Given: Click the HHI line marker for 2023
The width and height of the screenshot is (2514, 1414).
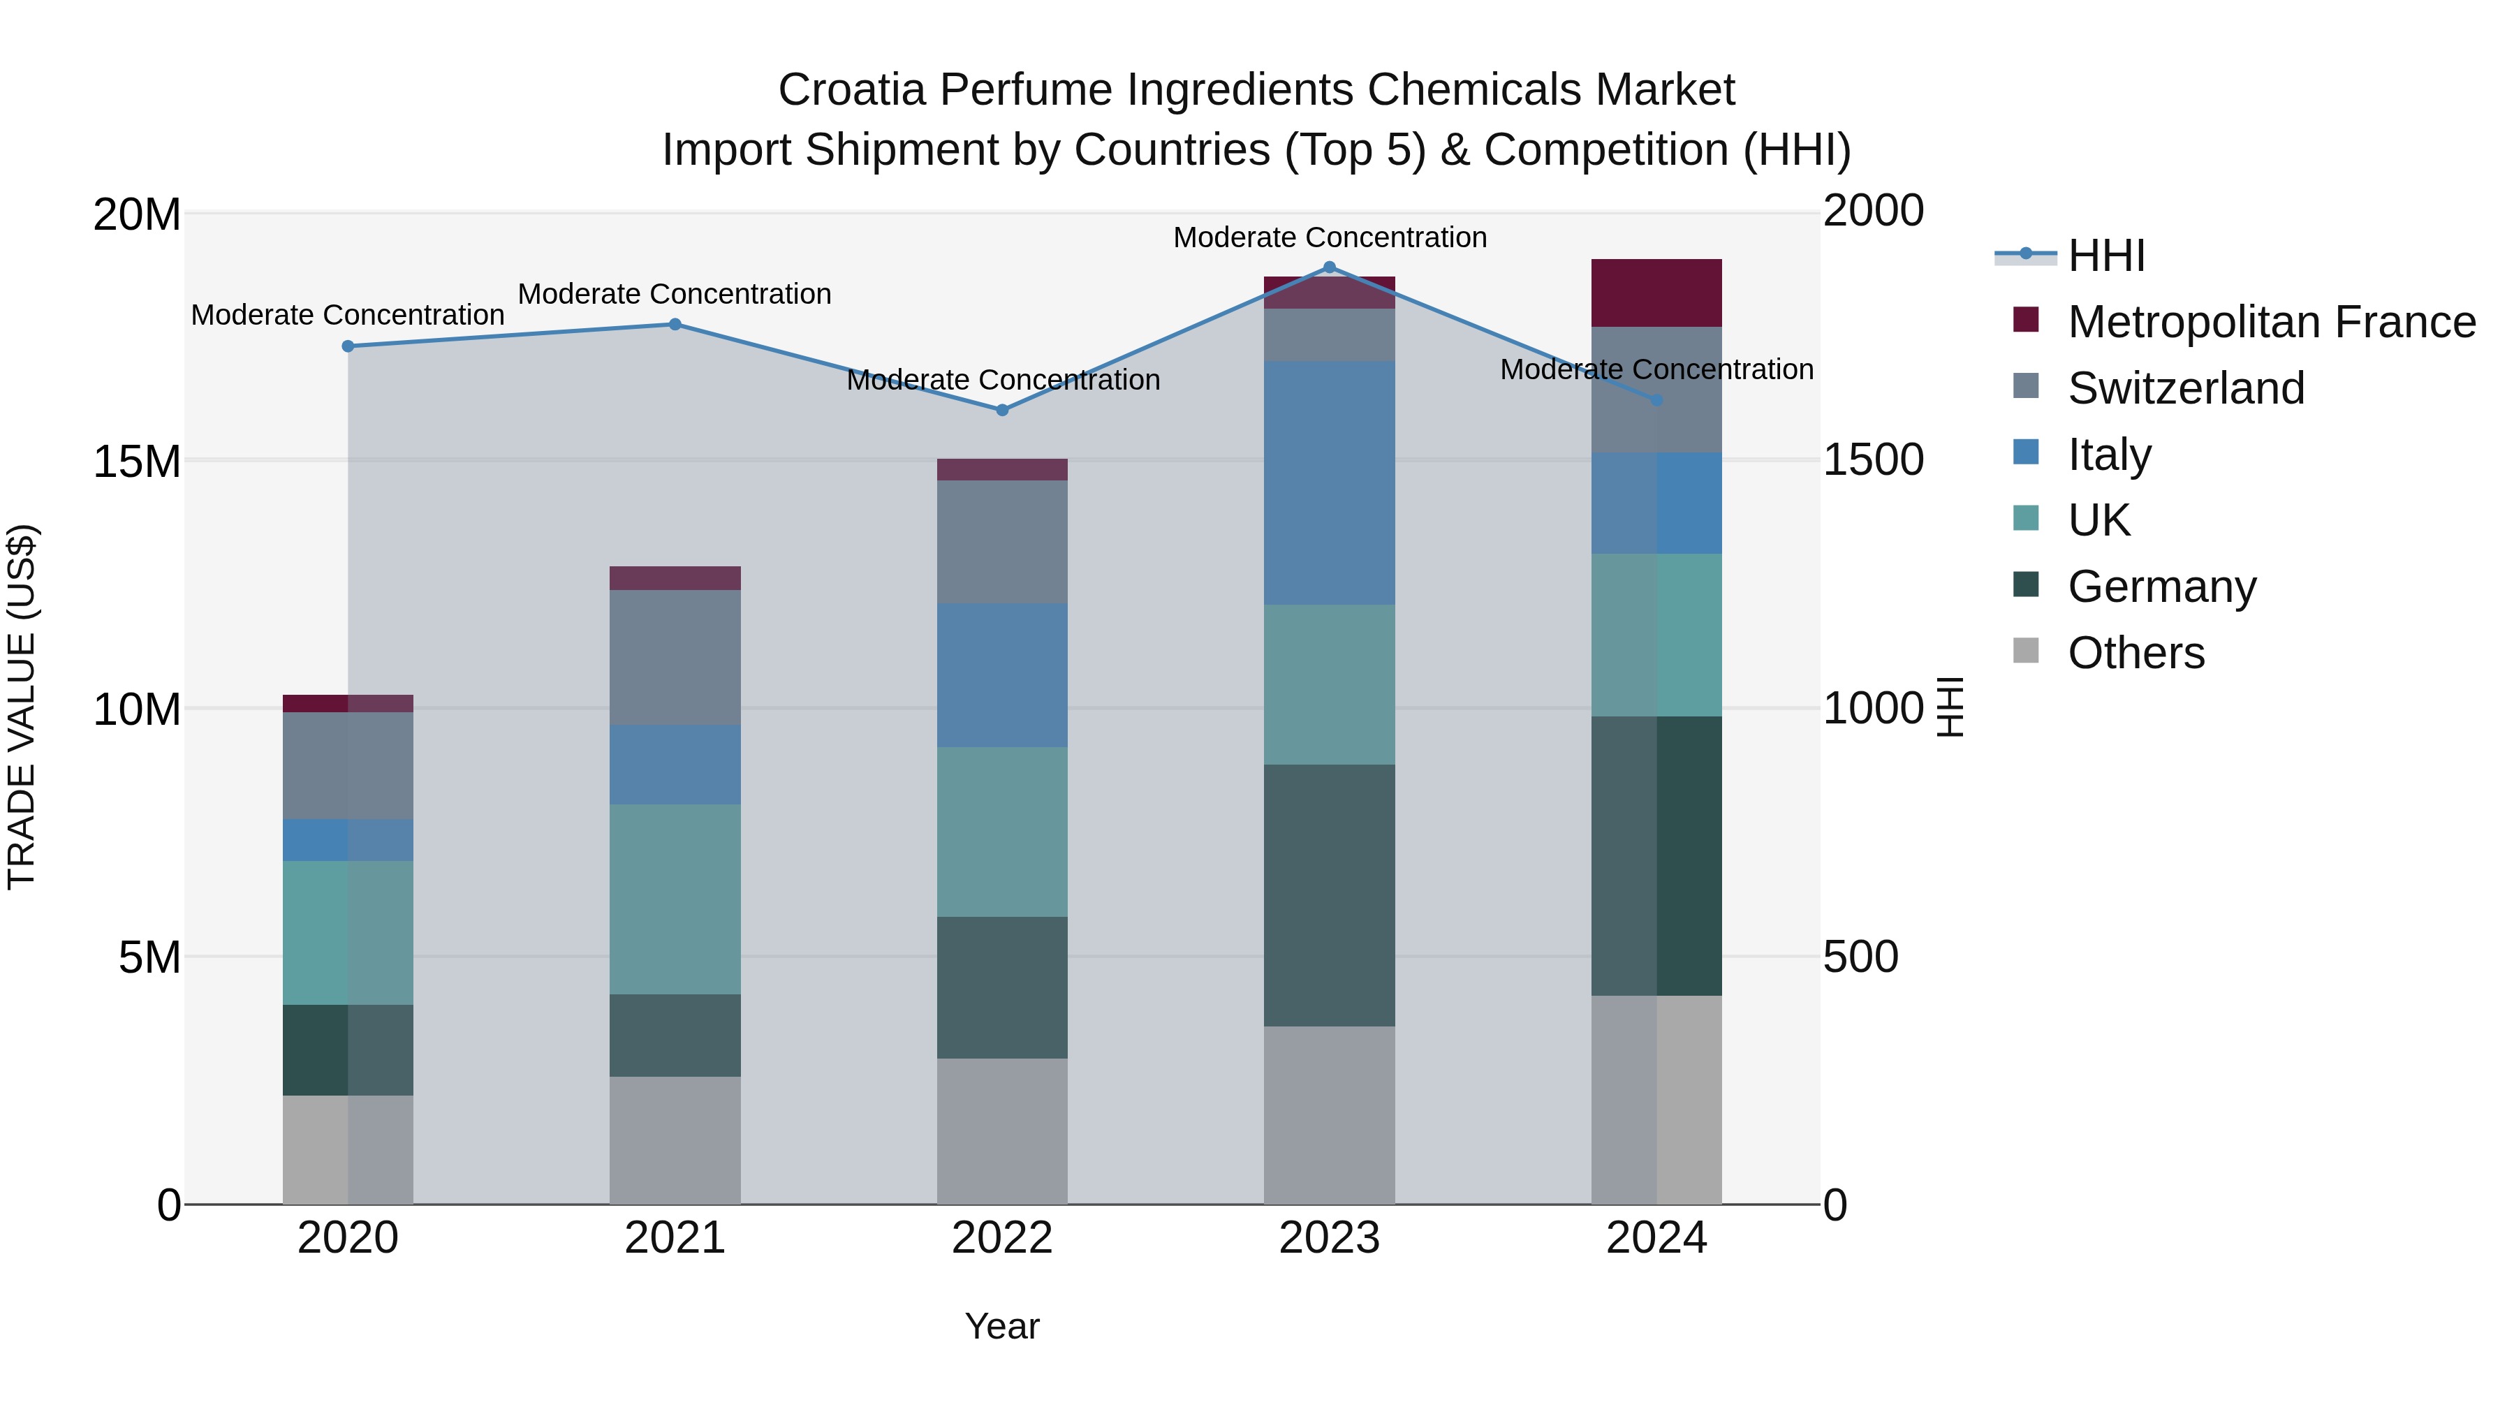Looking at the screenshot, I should pos(1329,267).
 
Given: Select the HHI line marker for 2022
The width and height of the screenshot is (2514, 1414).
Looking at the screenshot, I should pos(1002,410).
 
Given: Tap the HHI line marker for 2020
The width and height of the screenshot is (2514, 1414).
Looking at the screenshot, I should pos(348,346).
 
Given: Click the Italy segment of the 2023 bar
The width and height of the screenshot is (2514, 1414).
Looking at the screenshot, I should pos(1329,483).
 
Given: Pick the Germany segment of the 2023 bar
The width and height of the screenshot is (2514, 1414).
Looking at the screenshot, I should pos(1329,895).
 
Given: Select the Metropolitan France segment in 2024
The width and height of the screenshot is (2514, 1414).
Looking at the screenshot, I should pos(1656,293).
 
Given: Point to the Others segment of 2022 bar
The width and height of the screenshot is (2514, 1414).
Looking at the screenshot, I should pos(1002,1131).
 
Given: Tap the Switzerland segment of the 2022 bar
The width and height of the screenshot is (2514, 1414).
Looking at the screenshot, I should pos(1002,542).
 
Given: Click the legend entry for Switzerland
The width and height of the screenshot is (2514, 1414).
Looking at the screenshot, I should pos(2185,388).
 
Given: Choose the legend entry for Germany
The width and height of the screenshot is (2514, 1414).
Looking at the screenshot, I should pos(2161,587).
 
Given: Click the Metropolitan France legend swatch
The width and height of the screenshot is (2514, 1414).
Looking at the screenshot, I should pos(2026,320).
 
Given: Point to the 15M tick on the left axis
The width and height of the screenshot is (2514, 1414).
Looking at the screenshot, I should pos(137,462).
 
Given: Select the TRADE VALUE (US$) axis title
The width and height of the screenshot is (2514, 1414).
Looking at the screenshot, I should pos(22,707).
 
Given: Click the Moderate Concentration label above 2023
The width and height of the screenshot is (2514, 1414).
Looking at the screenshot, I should pos(1329,237).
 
